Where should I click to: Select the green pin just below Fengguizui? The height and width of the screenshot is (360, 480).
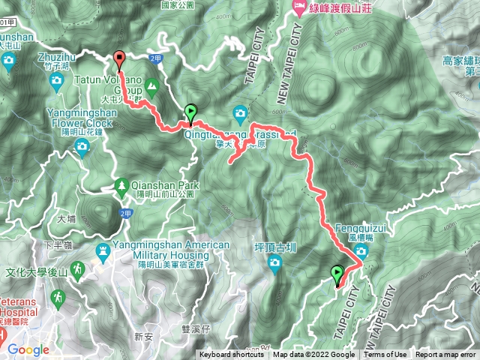(337, 274)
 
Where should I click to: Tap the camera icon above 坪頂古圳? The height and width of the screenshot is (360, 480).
(274, 262)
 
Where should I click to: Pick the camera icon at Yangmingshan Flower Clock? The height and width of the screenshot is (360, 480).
(79, 146)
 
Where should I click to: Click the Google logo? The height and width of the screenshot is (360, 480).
(28, 349)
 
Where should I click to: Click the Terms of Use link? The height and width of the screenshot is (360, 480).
(385, 355)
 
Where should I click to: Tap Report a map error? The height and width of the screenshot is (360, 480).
(445, 355)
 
